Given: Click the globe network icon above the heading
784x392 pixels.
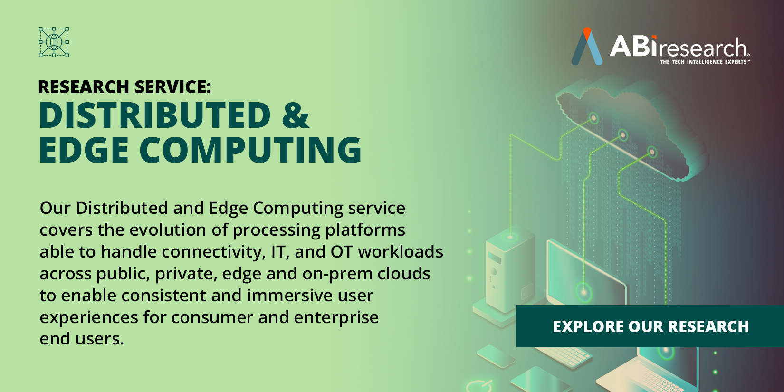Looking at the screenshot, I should click(x=54, y=42).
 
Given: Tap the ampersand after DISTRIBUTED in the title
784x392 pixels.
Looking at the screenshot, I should click(x=295, y=115).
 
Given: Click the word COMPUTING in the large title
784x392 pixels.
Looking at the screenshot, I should click(x=250, y=150).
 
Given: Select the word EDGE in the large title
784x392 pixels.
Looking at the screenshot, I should click(x=84, y=150).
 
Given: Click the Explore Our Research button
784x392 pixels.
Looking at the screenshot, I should click(x=650, y=326).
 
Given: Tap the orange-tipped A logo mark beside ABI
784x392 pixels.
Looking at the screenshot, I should click(x=587, y=47).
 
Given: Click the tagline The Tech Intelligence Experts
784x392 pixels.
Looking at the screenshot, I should click(x=704, y=62).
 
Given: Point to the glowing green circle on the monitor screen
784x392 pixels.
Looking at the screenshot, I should click(x=584, y=291).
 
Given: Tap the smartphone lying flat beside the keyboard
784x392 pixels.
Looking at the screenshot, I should click(x=496, y=356).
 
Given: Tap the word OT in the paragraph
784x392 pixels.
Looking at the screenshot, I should click(x=341, y=252).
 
